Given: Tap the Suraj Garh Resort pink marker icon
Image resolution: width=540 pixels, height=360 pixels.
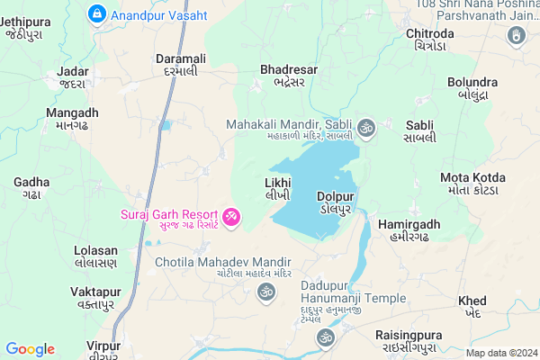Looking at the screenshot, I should click(x=231, y=216).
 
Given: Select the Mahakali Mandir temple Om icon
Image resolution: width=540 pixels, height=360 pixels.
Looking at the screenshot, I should click(x=365, y=128).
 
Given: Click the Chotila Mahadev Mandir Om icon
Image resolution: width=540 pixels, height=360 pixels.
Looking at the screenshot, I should click(x=265, y=291).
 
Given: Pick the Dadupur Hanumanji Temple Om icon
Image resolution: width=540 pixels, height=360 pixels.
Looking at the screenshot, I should click(x=325, y=337).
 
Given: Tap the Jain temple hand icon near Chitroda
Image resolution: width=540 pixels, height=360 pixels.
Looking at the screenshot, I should click(x=517, y=36).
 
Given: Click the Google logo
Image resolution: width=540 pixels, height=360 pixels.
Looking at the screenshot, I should click(x=30, y=349).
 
